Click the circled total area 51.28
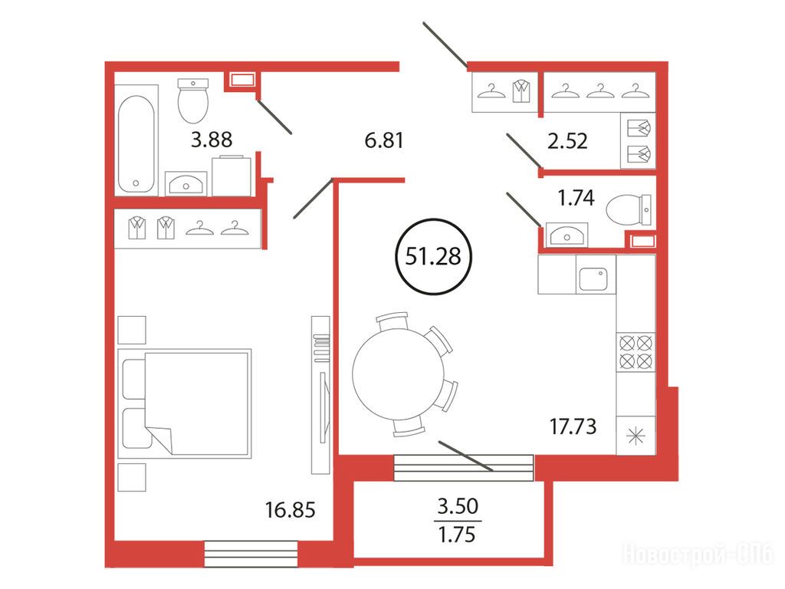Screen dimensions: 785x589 pos(434,256)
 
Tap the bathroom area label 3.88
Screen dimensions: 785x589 pos(212,140)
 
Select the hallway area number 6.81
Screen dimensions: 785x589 pos(384,140)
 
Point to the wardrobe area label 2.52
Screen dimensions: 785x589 pos(567,141)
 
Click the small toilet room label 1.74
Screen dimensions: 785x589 pos(576,198)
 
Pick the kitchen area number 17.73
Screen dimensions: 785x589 pos(573,426)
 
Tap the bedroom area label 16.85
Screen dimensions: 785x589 pos(291,510)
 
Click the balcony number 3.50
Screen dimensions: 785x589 pos(458,506)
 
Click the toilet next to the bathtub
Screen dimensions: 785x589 pos(193,100)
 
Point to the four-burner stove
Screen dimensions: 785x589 pos(636,352)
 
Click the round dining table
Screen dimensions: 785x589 pos(399,373)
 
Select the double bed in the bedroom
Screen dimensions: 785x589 pos(184,403)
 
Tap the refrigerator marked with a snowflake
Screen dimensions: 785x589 pos(636,436)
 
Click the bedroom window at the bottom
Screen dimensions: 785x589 pos(251,554)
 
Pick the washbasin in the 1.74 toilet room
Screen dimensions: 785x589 pos(567,235)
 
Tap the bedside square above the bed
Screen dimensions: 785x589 pos(132,330)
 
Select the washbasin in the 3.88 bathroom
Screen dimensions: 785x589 pos(186,183)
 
